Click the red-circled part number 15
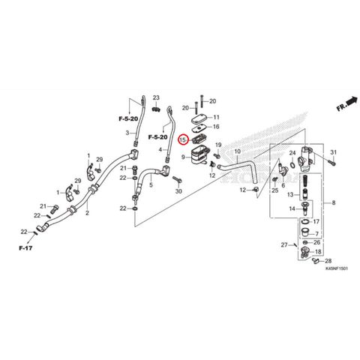click(x=183, y=139)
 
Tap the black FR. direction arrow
click(x=352, y=100)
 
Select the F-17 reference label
click(x=25, y=248)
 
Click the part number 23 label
click(x=156, y=97)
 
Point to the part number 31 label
click(x=334, y=152)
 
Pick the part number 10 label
click(x=238, y=151)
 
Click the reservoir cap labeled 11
click(x=199, y=120)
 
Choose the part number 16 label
click(x=216, y=127)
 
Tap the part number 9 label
click(x=183, y=157)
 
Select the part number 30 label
click(x=178, y=191)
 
